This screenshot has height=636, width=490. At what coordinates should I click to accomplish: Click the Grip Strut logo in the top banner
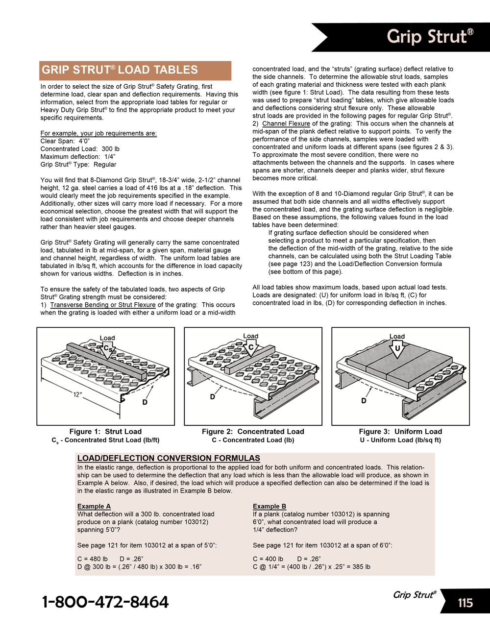coord(430,36)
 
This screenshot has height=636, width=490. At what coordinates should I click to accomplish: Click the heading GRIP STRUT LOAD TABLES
coord(120,70)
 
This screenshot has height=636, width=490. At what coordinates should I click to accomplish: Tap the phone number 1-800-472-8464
coord(105,602)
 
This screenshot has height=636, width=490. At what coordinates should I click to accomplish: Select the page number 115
coord(465,603)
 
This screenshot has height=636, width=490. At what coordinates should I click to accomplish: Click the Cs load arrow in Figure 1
coord(108,349)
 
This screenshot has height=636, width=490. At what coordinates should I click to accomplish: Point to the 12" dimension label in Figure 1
coord(77,394)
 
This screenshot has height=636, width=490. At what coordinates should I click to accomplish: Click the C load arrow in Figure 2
coord(251,347)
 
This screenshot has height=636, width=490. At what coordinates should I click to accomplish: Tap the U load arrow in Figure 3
coord(397,348)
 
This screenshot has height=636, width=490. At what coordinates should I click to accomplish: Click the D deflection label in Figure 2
coord(213,396)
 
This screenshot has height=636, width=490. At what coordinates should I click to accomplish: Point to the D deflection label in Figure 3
coord(364,400)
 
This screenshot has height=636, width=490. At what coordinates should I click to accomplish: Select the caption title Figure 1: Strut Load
coord(105,432)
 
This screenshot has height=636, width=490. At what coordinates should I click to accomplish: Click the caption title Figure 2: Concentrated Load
coord(253,432)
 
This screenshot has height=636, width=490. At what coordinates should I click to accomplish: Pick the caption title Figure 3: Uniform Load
coord(400,432)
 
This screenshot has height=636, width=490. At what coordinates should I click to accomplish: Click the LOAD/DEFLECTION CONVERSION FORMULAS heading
coord(169,458)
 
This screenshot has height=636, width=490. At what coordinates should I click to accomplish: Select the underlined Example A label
coord(94,506)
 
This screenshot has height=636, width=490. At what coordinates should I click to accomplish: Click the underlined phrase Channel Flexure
coord(286,123)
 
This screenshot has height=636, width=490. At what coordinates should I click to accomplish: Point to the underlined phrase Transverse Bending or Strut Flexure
coord(103,305)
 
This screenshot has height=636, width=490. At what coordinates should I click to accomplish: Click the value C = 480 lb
coord(93,559)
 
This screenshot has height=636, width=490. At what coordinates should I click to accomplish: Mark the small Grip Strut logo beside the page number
coord(415,595)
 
